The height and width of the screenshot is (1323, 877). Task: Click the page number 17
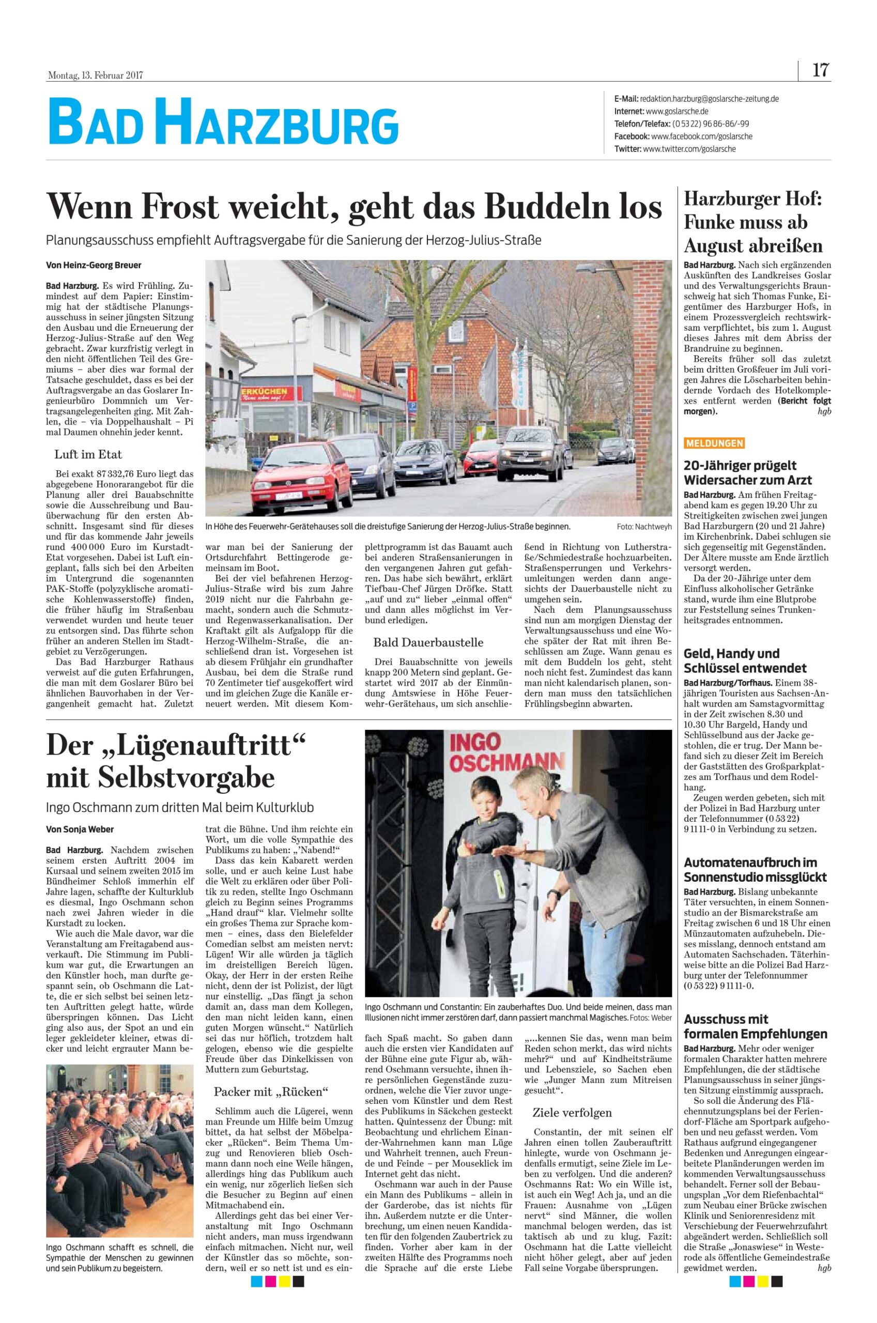pyautogui.click(x=820, y=70)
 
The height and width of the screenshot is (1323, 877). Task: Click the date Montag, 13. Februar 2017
pyautogui.click(x=95, y=75)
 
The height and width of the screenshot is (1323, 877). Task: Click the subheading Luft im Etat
pyautogui.click(x=88, y=454)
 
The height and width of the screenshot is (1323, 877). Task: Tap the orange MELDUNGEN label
pyautogui.click(x=714, y=443)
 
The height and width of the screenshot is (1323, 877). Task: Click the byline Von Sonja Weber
pyautogui.click(x=75, y=829)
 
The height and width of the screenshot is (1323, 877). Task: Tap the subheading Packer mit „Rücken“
pyautogui.click(x=271, y=1091)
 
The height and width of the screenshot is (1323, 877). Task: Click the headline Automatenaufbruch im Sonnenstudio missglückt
pyautogui.click(x=755, y=870)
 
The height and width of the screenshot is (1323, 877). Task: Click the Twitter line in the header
pyautogui.click(x=674, y=149)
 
